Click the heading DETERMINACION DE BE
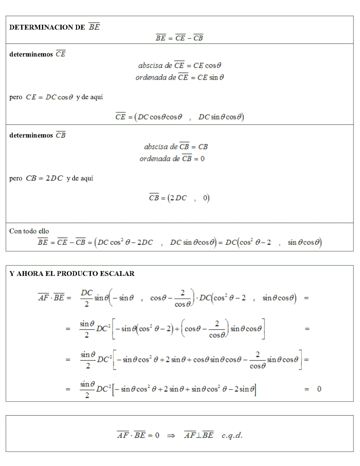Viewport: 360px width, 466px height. pyautogui.click(x=55, y=27)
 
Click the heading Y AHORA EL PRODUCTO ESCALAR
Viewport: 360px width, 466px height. pyautogui.click(x=72, y=273)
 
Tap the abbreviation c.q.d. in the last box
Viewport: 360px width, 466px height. pyautogui.click(x=232, y=435)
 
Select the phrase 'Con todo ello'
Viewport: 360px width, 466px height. pyautogui.click(x=29, y=231)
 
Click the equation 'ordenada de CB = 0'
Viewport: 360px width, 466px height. pyautogui.click(x=172, y=158)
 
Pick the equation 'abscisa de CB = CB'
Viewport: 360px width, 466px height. pyautogui.click(x=175, y=147)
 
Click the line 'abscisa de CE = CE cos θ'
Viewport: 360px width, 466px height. pyautogui.click(x=180, y=65)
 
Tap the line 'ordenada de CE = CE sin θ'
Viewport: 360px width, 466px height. pyautogui.click(x=180, y=77)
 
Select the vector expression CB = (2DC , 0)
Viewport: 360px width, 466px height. pyautogui.click(x=179, y=198)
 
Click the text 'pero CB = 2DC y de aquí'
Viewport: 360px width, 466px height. pyautogui.click(x=51, y=178)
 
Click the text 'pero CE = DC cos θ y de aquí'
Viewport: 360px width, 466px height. pyautogui.click(x=56, y=97)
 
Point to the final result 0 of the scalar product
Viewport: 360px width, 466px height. pyautogui.click(x=319, y=389)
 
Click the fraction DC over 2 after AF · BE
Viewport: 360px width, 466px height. pyautogui.click(x=86, y=298)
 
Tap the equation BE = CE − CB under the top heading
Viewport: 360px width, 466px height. pyautogui.click(x=179, y=38)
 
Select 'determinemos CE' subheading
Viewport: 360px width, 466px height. pyautogui.click(x=38, y=54)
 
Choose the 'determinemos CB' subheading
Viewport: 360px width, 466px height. pyautogui.click(x=38, y=135)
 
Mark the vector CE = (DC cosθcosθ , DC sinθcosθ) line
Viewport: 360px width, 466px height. pyautogui.click(x=180, y=117)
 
